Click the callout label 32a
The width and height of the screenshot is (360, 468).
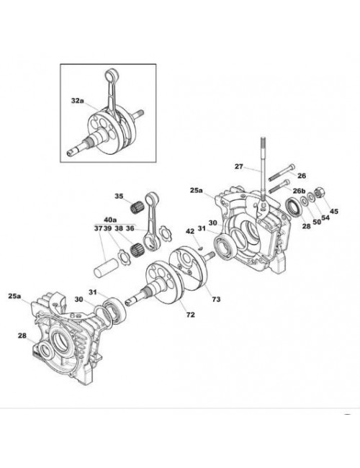pyautogui.click(x=77, y=101)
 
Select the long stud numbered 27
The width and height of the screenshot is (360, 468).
pyautogui.click(x=263, y=169)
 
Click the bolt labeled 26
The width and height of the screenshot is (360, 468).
pyautogui.click(x=282, y=172)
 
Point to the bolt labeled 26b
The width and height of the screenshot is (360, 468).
pyautogui.click(x=279, y=186)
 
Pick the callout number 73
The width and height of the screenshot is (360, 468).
pyautogui.click(x=216, y=299)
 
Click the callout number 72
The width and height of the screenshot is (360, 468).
pyautogui.click(x=191, y=315)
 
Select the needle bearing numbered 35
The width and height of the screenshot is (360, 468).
pyautogui.click(x=137, y=206)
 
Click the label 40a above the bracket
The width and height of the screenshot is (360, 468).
pyautogui.click(x=110, y=220)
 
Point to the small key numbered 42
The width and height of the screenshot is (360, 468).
pyautogui.click(x=202, y=247)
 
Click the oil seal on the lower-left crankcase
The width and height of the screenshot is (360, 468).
pyautogui.click(x=45, y=350)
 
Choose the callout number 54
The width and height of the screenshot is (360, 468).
pyautogui.click(x=325, y=217)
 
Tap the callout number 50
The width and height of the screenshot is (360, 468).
pyautogui.click(x=316, y=222)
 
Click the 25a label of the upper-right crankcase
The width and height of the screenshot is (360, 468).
pyautogui.click(x=196, y=190)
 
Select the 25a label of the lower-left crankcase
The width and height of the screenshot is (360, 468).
pyautogui.click(x=14, y=296)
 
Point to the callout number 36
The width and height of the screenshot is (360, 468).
pyautogui.click(x=130, y=228)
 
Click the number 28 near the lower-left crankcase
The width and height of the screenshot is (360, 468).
pyautogui.click(x=22, y=336)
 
